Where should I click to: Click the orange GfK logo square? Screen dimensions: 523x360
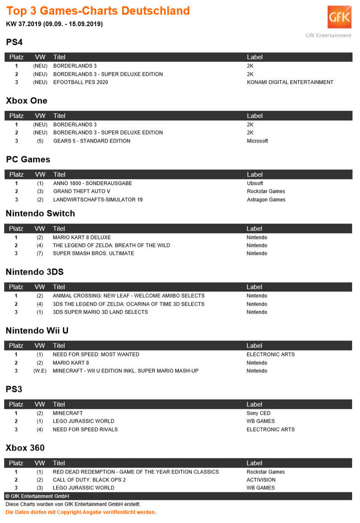340,18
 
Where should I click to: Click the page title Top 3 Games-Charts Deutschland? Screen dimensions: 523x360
98,10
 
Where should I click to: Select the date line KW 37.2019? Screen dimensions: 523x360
54,24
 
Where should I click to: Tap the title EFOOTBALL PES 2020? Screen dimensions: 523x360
81,82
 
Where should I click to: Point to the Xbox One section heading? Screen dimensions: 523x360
27,101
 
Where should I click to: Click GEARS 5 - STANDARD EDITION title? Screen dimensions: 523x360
92,141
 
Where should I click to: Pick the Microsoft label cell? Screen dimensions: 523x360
257,141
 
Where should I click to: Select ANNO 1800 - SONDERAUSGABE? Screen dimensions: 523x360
92,183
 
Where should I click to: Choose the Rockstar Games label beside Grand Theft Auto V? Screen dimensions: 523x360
266,191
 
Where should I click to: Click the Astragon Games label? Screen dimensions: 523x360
266,200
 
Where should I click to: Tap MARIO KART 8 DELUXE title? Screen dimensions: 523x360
82,238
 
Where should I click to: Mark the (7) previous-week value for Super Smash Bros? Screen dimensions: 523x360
40,253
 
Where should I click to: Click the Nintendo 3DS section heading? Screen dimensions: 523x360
34,272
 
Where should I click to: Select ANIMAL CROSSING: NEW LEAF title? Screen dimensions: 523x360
129,296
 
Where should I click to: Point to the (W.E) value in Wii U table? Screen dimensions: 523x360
40,371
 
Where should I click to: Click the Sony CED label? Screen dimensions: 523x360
258,413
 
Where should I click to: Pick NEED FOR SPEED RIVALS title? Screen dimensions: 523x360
85,429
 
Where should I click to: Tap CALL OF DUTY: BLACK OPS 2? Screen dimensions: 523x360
89,480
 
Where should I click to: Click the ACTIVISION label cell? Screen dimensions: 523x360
261,480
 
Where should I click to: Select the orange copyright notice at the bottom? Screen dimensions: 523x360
81,512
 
